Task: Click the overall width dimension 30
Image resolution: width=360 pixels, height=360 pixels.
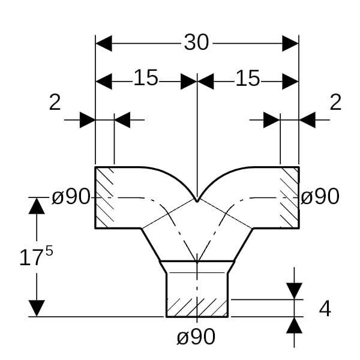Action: tap(196, 43)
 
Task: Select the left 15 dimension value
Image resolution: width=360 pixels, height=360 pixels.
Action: tap(146, 78)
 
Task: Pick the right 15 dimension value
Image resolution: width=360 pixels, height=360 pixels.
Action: tap(248, 78)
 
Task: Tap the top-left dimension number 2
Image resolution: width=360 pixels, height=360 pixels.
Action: tap(55, 103)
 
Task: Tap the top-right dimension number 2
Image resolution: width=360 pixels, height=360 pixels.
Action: tap(335, 103)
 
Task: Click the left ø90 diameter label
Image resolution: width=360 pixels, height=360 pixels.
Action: tap(71, 196)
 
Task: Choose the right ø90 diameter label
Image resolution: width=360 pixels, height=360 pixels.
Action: tap(320, 196)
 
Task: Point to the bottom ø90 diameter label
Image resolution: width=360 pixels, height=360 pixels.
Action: tap(196, 337)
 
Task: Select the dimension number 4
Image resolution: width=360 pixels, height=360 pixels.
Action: tap(325, 308)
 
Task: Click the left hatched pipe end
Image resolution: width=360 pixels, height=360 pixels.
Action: tap(105, 197)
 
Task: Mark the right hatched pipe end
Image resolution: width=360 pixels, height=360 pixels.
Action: tap(289, 197)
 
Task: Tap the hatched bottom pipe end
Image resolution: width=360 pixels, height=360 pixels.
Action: tap(197, 308)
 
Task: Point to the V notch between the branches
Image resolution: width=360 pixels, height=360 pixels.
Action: tap(197, 200)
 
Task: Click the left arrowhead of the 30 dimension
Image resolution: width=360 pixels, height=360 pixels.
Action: tap(104, 43)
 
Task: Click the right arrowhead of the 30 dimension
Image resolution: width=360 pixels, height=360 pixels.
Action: tap(290, 43)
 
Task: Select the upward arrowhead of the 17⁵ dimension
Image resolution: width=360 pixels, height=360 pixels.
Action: tap(37, 206)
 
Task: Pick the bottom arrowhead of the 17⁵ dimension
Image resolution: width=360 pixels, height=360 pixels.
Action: tap(37, 308)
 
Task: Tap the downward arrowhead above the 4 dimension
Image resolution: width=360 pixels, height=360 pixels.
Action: tap(294, 290)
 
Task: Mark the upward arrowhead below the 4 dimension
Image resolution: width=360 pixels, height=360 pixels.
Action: tap(294, 325)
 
